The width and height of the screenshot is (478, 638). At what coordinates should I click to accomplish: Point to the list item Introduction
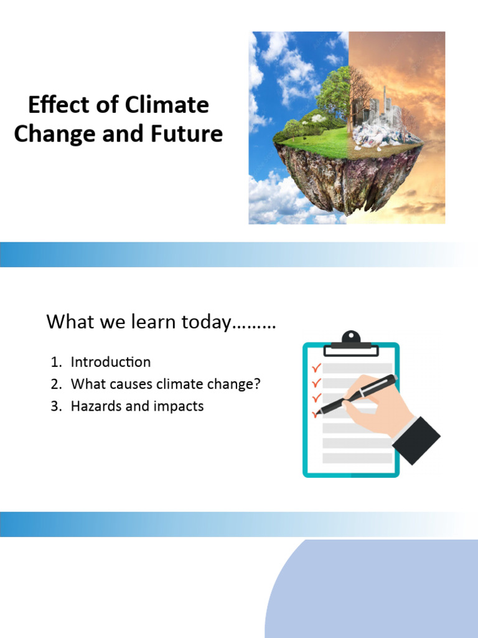tap(110, 362)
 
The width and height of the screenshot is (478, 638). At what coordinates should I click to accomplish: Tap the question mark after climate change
tap(257, 384)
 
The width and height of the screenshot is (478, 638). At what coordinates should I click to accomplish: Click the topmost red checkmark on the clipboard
tap(316, 368)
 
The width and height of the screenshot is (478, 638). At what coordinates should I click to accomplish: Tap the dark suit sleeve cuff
tap(416, 440)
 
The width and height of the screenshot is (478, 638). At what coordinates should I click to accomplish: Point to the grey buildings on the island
tap(373, 109)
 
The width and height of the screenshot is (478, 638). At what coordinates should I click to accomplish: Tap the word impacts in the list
tap(180, 406)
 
